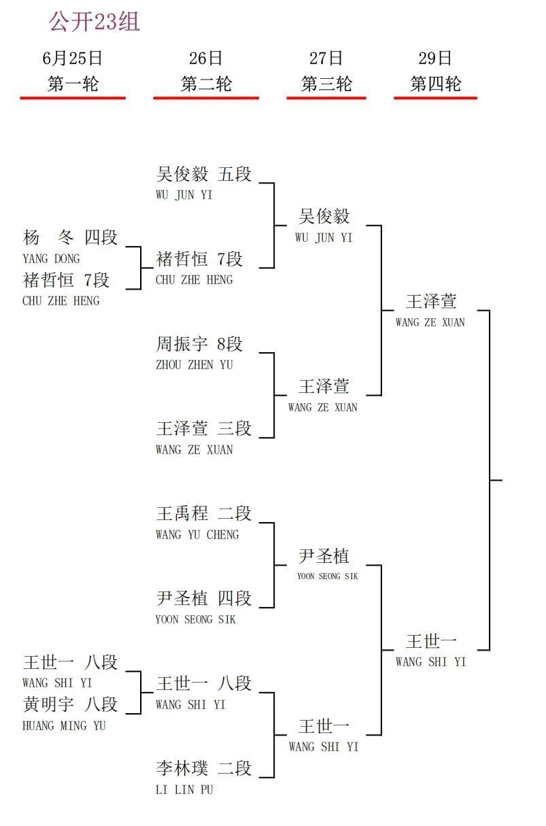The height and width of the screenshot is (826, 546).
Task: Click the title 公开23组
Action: tap(95, 21)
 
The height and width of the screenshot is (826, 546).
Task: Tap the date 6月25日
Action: tap(72, 58)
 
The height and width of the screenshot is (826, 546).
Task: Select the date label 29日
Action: tap(435, 58)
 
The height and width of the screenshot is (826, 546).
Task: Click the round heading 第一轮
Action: tap(73, 84)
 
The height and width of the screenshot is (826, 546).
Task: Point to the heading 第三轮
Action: tap(326, 84)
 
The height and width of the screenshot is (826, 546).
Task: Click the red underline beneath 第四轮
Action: tap(435, 98)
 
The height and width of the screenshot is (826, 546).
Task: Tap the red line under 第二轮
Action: tap(206, 98)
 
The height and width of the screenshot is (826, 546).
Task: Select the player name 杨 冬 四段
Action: tap(70, 237)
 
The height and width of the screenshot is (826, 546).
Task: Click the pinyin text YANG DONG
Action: tap(51, 259)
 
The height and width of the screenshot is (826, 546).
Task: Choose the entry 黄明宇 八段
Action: tap(70, 704)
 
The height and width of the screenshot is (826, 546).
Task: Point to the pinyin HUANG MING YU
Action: tap(64, 725)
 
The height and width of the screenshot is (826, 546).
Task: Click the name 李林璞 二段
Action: tap(203, 768)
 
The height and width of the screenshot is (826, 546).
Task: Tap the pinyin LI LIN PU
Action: tap(184, 789)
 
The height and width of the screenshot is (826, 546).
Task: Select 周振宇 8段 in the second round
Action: tap(199, 344)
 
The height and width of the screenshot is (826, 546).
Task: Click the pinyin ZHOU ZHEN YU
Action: tap(194, 365)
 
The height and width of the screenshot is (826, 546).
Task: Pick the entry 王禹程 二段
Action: tap(203, 513)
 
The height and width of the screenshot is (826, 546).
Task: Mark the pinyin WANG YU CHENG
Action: tap(197, 534)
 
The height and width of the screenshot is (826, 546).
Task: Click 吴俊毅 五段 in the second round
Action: tap(203, 174)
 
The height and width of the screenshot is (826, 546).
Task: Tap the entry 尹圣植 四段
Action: tap(203, 598)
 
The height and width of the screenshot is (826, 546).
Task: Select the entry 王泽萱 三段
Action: tap(203, 428)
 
